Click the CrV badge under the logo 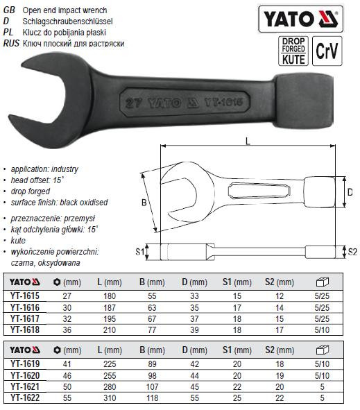(x=327, y=51)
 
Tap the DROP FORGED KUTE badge (x=293, y=51)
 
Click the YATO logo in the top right (x=300, y=19)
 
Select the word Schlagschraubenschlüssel (x=67, y=22)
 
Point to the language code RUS (x=11, y=43)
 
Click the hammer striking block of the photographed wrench (x=304, y=101)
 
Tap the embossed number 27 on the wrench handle (x=133, y=103)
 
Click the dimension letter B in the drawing (x=144, y=203)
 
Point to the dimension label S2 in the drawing (x=352, y=252)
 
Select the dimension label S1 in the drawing (x=140, y=252)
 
